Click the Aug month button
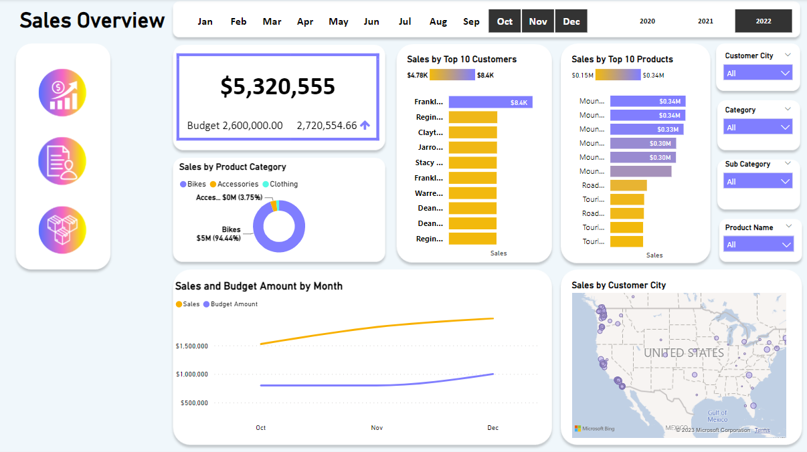pos(438,21)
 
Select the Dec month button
pos(571,21)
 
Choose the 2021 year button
pos(705,21)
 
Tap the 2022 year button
pos(764,21)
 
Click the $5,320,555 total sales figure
pos(278,86)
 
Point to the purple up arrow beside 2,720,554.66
pos(365,125)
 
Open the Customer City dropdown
pos(758,73)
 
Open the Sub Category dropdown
pos(758,181)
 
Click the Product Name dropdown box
pos(758,245)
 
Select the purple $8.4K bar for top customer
pos(490,102)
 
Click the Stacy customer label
pos(429,162)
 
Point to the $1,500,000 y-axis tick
pos(192,346)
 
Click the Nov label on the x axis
pos(377,428)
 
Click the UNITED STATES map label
pos(683,352)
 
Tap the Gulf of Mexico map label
pos(717,416)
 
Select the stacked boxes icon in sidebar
pos(63,230)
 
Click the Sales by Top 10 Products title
pos(622,60)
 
